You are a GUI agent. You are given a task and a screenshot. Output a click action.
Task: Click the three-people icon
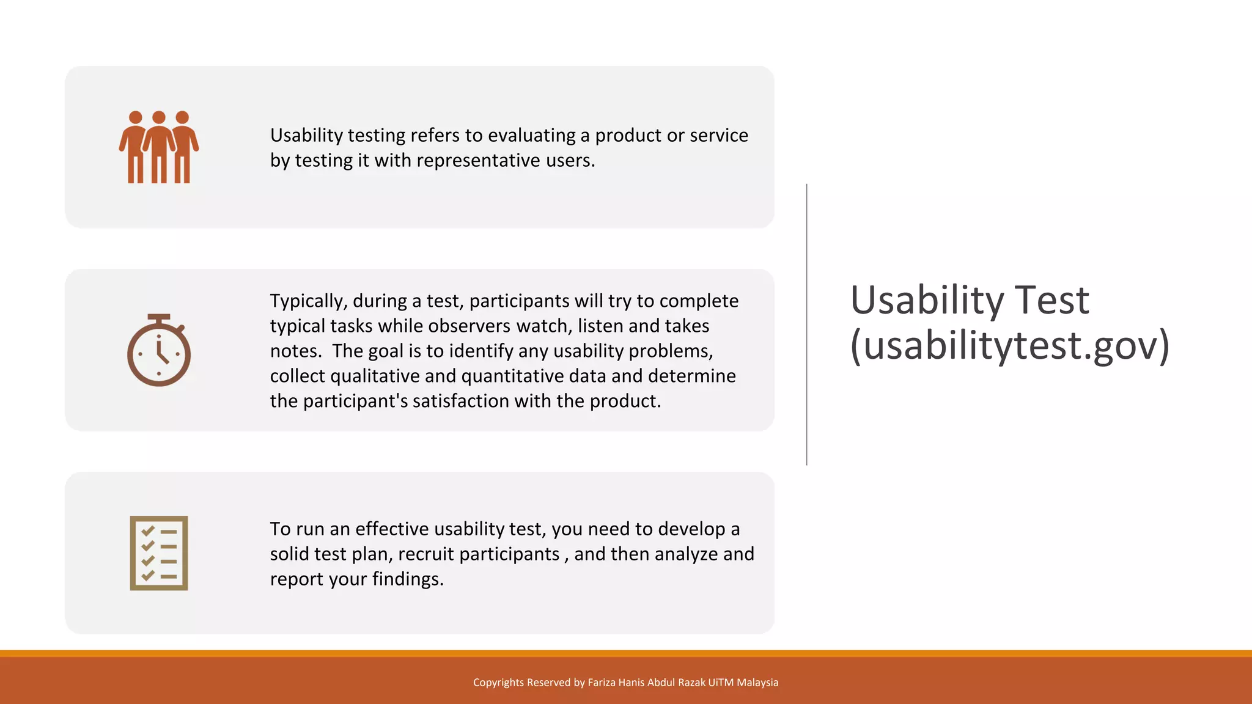(159, 147)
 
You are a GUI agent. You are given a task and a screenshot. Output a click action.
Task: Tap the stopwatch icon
(159, 351)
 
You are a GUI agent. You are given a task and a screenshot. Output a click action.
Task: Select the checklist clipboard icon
(159, 553)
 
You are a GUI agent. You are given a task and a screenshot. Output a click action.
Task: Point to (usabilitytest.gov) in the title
(1010, 346)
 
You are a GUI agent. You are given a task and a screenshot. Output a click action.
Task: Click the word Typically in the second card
(308, 301)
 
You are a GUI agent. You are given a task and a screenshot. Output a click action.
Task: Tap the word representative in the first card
(478, 161)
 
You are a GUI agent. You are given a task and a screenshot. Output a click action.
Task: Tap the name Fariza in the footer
(601, 683)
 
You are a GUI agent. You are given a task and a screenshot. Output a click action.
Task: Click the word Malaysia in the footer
(757, 683)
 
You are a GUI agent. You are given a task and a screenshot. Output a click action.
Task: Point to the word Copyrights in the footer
(498, 683)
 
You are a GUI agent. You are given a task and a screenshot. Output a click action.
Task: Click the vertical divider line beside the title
(807, 324)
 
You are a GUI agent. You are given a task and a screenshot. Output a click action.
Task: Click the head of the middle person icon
(159, 117)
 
